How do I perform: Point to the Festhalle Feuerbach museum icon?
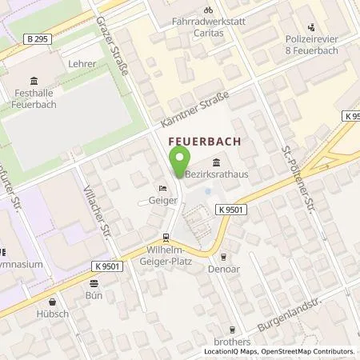click(x=33, y=80)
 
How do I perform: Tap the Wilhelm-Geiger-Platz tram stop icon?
click(x=166, y=237)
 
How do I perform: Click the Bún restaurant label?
click(x=95, y=294)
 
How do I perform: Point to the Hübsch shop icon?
click(x=53, y=302)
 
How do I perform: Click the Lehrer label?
click(x=83, y=63)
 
